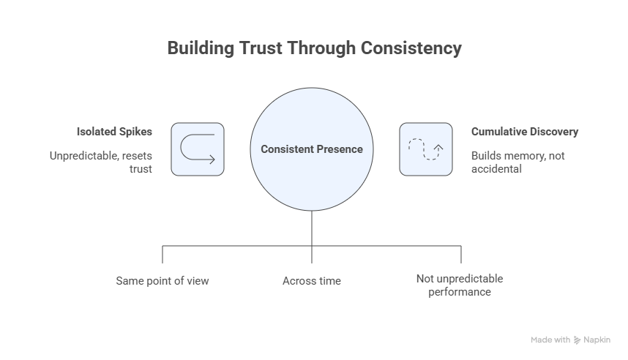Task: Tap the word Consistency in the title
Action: [x=411, y=49]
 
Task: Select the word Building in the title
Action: [x=197, y=49]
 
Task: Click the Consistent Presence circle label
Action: [x=312, y=149]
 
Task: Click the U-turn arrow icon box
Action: [x=198, y=149]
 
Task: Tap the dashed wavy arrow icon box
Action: [x=425, y=149]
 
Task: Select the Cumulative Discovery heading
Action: [x=524, y=132]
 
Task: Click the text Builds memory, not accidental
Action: [x=517, y=161]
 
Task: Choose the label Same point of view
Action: [x=162, y=280]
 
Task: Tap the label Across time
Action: [x=312, y=280]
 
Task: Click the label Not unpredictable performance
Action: [x=459, y=285]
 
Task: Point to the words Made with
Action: [x=550, y=340]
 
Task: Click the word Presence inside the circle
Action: [x=338, y=149]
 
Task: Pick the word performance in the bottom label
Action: [x=459, y=292]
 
